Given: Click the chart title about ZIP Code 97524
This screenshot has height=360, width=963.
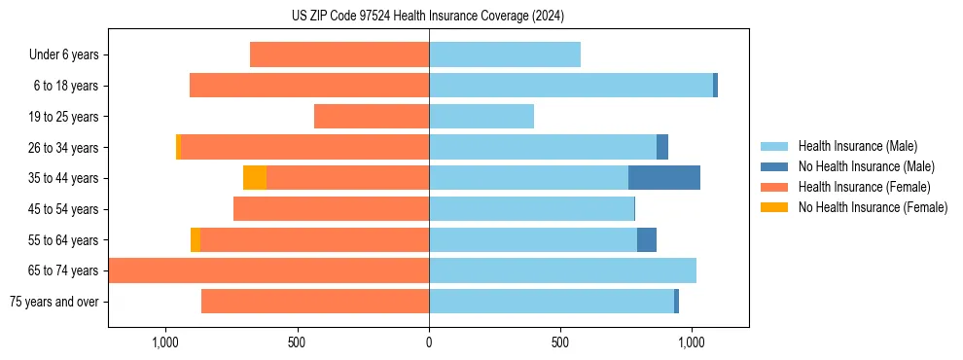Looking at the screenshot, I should (x=428, y=16).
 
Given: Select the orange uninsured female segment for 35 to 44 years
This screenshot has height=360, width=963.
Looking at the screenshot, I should (x=255, y=178).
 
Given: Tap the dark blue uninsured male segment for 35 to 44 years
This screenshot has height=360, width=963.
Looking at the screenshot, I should (x=664, y=178).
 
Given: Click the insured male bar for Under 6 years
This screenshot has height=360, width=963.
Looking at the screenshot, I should (x=505, y=54).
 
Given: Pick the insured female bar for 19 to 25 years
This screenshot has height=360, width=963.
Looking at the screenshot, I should (x=372, y=117).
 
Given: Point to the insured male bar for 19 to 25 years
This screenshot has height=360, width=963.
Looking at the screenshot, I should (x=481, y=117).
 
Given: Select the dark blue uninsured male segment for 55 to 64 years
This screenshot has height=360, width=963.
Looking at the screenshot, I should (x=647, y=239).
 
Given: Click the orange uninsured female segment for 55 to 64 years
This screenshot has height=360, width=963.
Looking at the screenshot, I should (x=196, y=239).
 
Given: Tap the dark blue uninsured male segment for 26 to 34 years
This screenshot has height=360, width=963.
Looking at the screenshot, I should (x=662, y=147).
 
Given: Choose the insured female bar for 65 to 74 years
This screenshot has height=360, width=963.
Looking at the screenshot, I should (x=269, y=270).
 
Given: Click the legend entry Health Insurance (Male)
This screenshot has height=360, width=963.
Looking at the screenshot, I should (x=857, y=146).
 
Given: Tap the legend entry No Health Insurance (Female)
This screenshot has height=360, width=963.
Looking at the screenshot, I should (x=873, y=207).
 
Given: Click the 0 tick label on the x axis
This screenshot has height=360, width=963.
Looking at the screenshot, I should (x=429, y=343).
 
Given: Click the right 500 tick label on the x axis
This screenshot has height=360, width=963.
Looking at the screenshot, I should (x=559, y=343).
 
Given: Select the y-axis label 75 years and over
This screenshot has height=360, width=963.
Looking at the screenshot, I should (x=54, y=302).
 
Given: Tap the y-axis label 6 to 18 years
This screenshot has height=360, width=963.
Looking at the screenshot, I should (x=66, y=86).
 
